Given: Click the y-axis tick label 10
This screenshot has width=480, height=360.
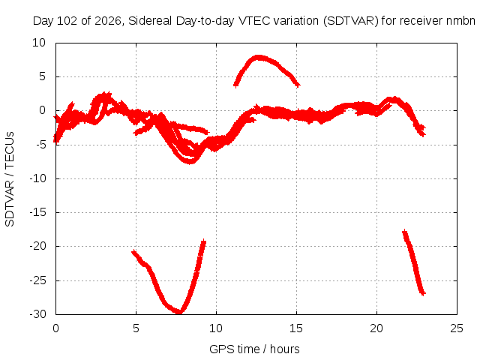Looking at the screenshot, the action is (x=39, y=43).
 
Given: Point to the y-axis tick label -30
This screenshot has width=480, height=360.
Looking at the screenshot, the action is (x=37, y=314).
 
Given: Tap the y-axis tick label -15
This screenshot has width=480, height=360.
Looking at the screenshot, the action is (x=37, y=212).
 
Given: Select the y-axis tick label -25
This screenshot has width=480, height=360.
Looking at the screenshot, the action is (x=37, y=280).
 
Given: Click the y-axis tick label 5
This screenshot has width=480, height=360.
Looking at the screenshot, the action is (x=42, y=76).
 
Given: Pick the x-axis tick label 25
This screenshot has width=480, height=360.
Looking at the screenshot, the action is (x=457, y=328).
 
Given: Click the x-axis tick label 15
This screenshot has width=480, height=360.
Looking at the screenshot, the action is (x=296, y=328).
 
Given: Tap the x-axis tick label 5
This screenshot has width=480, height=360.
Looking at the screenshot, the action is (x=136, y=328).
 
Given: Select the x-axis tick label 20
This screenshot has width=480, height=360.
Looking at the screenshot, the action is (x=376, y=328).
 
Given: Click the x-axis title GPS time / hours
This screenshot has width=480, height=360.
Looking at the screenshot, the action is (x=254, y=349).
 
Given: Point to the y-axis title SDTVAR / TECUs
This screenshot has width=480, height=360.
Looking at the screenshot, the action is (x=10, y=179).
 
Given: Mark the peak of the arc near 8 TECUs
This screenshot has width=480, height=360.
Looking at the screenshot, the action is (x=259, y=57).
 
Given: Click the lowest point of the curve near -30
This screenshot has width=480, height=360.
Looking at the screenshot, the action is (x=178, y=312).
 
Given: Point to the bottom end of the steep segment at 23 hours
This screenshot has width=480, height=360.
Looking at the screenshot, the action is (x=423, y=294).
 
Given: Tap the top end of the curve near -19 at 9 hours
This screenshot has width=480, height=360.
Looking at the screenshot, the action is (x=204, y=241).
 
